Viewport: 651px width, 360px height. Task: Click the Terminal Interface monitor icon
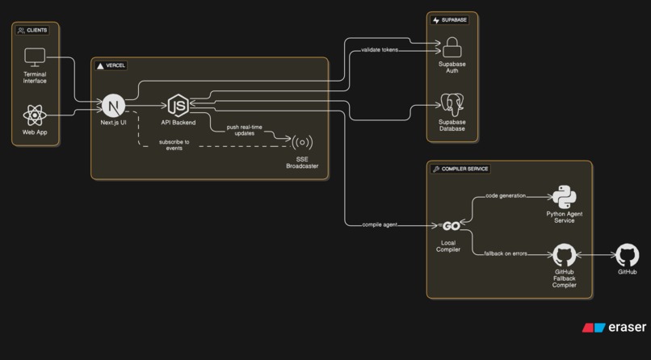[x=35, y=58]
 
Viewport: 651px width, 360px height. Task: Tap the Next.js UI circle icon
[x=113, y=105]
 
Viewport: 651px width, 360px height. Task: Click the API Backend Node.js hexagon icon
[x=178, y=105]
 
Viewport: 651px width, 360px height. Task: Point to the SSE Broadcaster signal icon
[x=302, y=143]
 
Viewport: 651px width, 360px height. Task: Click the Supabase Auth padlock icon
[x=452, y=46]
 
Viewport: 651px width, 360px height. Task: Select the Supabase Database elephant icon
[x=452, y=105]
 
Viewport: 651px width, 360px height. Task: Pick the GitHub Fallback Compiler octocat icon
[x=564, y=256]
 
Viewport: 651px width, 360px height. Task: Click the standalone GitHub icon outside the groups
[x=628, y=256]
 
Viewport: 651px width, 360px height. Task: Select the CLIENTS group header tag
[x=32, y=30]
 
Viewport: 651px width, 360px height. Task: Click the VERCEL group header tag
[x=111, y=65]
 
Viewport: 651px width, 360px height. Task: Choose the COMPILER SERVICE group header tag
[x=461, y=170]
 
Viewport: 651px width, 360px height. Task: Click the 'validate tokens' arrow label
[x=379, y=50]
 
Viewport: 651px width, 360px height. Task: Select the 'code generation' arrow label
[x=505, y=195]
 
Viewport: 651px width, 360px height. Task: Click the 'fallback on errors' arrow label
[x=505, y=253]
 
